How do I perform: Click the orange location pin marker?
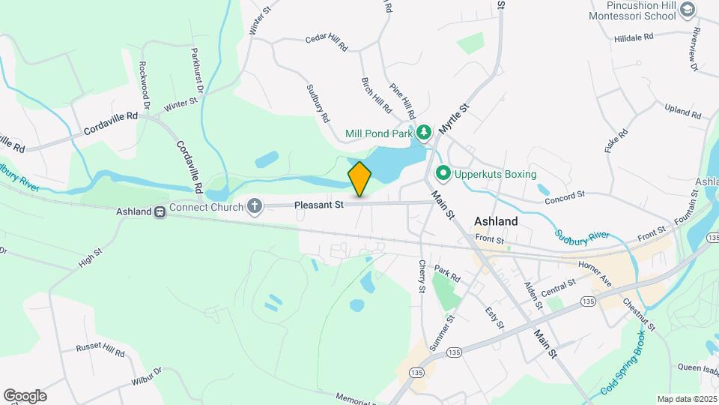click(x=359, y=178)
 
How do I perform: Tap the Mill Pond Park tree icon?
click(x=424, y=133)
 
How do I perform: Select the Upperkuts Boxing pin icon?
click(x=443, y=174)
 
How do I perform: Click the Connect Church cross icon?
click(x=255, y=205)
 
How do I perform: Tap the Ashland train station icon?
click(x=160, y=212)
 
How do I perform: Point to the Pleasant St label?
click(x=318, y=204)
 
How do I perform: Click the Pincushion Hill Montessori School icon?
click(x=688, y=10)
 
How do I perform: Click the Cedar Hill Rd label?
click(x=327, y=43)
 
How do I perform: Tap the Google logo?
click(x=25, y=395)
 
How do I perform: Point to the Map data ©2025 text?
click(x=687, y=399)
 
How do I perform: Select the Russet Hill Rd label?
click(x=100, y=349)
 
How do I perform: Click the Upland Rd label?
click(x=682, y=112)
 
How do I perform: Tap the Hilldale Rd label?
click(x=634, y=36)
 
